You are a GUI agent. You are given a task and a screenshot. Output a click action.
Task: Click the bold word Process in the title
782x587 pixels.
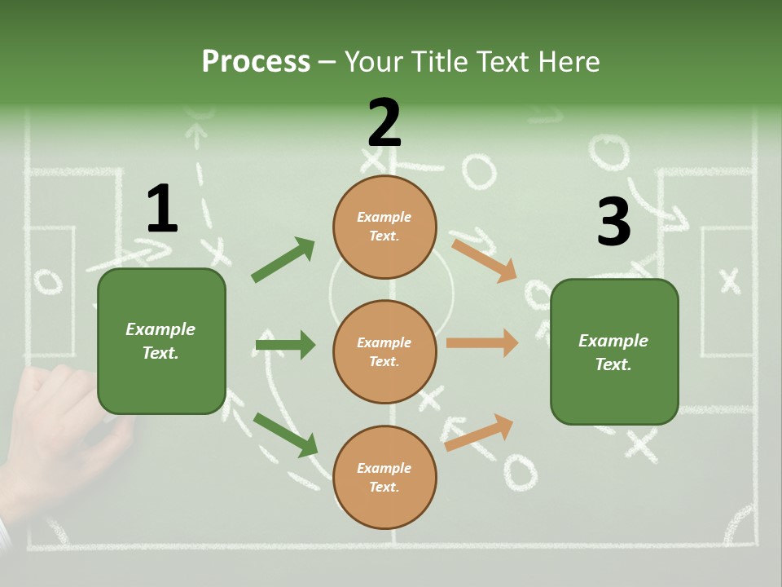[256, 62]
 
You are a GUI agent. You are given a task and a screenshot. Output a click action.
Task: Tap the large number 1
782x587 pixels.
[161, 210]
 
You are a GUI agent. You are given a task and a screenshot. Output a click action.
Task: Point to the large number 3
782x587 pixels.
[613, 222]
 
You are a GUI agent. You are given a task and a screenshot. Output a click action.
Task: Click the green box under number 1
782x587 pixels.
[161, 341]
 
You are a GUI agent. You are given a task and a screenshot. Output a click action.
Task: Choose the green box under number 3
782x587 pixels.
[614, 352]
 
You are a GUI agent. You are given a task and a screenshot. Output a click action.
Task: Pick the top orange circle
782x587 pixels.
[384, 226]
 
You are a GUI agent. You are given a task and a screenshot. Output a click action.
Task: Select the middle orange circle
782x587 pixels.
[384, 351]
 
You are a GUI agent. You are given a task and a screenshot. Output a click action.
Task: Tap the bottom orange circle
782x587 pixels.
[384, 477]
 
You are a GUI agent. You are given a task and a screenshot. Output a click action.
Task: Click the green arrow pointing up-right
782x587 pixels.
[283, 260]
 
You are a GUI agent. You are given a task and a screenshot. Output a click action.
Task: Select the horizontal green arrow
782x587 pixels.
[285, 345]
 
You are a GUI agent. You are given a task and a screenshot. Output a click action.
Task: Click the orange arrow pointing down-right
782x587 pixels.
[484, 260]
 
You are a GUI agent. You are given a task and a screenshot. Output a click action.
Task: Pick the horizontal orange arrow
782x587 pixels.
[481, 343]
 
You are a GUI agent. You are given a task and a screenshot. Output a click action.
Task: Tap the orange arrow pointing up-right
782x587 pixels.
[479, 432]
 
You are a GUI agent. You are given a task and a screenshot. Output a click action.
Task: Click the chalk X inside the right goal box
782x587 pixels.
[730, 280]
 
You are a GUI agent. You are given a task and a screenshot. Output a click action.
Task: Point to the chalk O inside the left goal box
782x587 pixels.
[48, 282]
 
